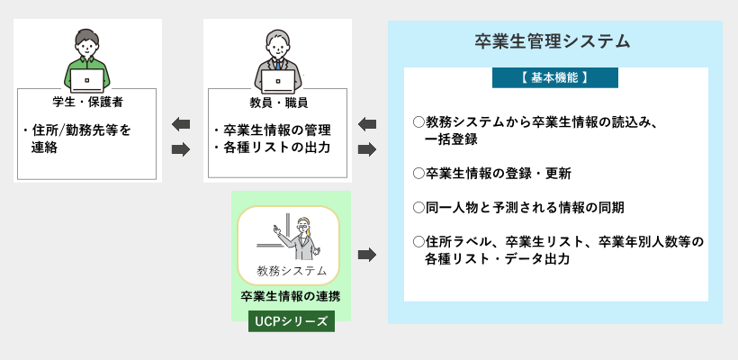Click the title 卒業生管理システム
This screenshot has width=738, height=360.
(x=552, y=42)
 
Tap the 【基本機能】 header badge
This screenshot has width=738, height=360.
(x=555, y=77)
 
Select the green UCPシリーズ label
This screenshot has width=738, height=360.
(x=292, y=321)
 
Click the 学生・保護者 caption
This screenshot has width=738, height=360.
(x=87, y=102)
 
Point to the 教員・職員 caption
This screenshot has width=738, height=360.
(x=279, y=102)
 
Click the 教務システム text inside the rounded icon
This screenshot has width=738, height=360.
(x=292, y=271)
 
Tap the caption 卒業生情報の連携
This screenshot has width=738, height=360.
(x=291, y=296)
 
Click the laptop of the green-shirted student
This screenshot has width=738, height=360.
(x=87, y=80)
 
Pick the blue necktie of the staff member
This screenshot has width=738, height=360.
(x=278, y=65)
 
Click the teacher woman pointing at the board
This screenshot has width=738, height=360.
(x=298, y=238)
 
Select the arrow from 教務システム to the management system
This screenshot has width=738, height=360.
(x=367, y=255)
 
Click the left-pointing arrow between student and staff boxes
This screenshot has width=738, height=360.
(x=181, y=125)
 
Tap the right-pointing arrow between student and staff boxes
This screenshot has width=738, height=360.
(x=181, y=149)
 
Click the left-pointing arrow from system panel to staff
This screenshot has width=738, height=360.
(x=367, y=125)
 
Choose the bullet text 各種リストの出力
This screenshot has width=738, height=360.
(x=276, y=148)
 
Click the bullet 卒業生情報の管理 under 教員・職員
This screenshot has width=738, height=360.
(x=276, y=130)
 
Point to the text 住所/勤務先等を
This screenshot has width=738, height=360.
(x=81, y=130)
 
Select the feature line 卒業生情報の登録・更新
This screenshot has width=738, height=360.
(x=499, y=174)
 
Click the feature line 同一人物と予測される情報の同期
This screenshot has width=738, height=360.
(x=525, y=208)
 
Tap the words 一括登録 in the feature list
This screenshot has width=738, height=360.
(x=451, y=139)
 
